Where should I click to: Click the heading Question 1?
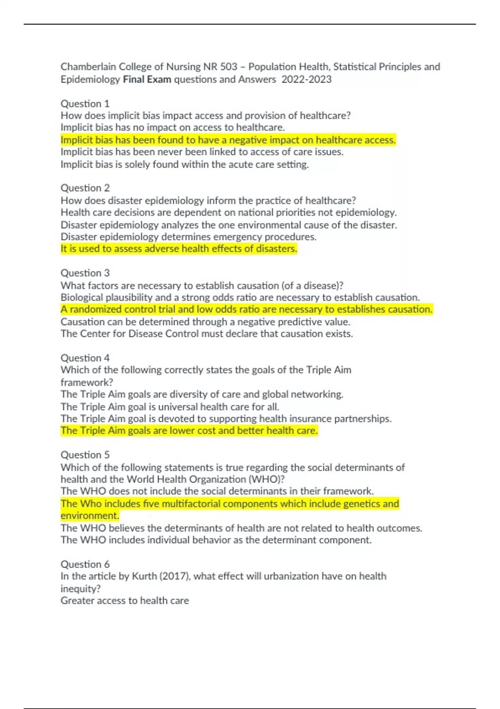pos(85,103)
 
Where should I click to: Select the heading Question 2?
pos(85,188)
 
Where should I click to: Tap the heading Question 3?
pos(85,273)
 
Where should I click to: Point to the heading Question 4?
pos(85,358)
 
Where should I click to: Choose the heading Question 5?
pos(85,455)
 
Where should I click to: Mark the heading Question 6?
pos(85,564)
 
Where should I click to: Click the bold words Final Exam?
pos(147,79)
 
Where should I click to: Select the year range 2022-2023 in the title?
pos(306,79)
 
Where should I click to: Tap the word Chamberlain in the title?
pos(88,67)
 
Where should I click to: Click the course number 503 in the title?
pos(229,67)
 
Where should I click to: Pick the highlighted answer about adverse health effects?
pos(179,249)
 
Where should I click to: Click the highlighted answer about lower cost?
pos(189,430)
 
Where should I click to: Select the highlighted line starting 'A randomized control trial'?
pos(247,309)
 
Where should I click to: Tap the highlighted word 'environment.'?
pos(90,516)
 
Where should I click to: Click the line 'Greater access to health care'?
pos(125,601)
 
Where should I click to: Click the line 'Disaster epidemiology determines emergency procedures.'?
pos(188,237)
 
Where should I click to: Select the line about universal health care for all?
pos(170,407)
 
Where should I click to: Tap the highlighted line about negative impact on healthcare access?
pos(228,140)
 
